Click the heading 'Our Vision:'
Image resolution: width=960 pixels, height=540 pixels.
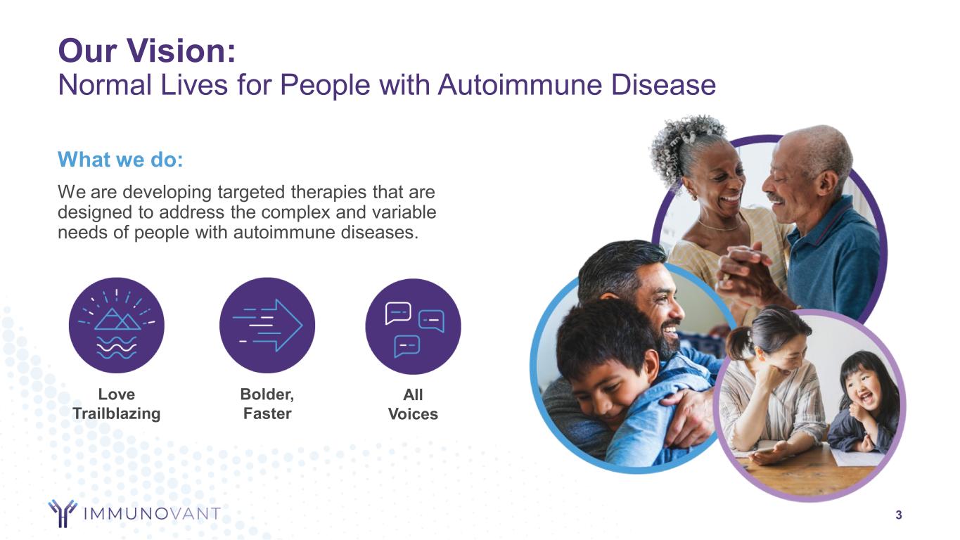(147, 51)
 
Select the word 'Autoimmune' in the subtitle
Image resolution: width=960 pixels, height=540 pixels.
(519, 84)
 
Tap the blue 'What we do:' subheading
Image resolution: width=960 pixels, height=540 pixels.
(120, 160)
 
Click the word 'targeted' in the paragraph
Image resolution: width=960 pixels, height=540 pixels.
(251, 192)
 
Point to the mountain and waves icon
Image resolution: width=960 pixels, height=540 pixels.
(117, 326)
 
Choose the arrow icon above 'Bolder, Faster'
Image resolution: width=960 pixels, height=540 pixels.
(267, 326)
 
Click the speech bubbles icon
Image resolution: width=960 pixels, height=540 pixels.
(413, 326)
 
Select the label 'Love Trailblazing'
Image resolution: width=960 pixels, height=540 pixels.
(117, 404)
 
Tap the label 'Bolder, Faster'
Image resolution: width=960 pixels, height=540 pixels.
(267, 404)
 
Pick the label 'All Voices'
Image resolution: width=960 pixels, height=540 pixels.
(413, 404)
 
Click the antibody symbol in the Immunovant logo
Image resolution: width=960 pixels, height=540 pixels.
(63, 513)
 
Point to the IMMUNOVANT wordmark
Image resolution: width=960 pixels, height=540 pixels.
(152, 513)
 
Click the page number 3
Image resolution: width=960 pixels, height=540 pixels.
(899, 515)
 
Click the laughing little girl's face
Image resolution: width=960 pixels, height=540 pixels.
(864, 388)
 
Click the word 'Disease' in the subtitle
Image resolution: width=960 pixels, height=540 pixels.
(663, 84)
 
